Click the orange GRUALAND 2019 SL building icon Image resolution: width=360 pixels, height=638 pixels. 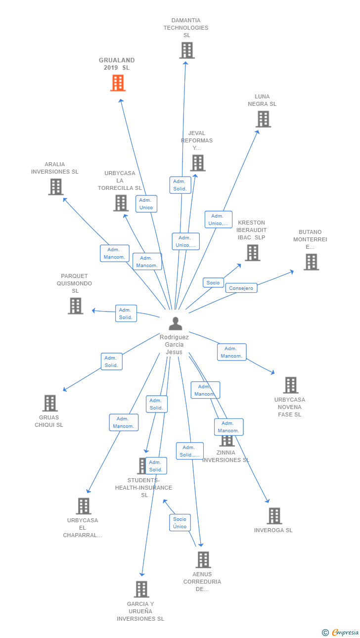[118, 83]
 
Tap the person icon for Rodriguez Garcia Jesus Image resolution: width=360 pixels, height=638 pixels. [175, 323]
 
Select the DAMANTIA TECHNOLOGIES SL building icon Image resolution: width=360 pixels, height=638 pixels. [186, 50]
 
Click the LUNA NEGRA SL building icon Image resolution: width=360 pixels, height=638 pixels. [263, 119]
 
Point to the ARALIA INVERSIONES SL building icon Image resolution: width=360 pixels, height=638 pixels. [56, 187]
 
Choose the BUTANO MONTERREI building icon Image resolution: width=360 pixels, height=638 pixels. [311, 262]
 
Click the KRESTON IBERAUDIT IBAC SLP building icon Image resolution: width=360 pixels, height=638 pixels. [252, 253]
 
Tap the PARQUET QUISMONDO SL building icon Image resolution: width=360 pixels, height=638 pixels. [75, 306]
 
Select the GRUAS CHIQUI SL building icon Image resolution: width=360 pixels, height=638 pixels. [50, 403]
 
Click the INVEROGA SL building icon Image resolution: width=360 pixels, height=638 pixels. [274, 516]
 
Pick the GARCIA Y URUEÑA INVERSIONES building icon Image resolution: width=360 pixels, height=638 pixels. [141, 589]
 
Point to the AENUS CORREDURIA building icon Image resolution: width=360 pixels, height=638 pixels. [203, 560]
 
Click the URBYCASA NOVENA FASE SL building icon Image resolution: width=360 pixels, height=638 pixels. [290, 385]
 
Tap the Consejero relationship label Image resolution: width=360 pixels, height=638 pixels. [241, 288]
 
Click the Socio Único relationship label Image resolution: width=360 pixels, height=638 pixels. [180, 523]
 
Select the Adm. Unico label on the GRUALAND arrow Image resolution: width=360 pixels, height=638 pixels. [146, 204]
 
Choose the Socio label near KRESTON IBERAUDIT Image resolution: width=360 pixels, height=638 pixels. [213, 283]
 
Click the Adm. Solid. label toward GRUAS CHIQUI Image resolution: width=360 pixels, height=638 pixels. [111, 362]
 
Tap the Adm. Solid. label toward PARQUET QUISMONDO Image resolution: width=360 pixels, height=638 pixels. [126, 314]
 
